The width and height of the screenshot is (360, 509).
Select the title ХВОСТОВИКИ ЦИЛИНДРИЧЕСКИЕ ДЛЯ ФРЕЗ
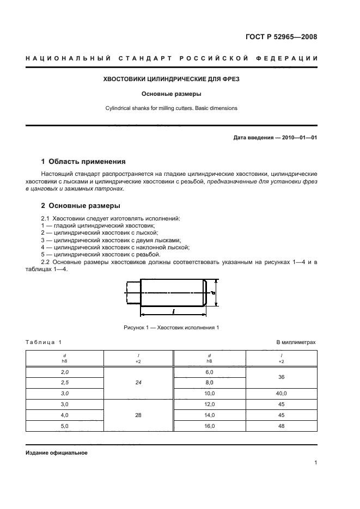[x=172, y=79]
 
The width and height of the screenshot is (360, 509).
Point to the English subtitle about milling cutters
[x=172, y=108]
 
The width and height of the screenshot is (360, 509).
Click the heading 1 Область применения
[x=83, y=162]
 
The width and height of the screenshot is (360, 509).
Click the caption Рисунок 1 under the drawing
[x=172, y=327]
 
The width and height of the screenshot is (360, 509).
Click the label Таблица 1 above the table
[x=44, y=342]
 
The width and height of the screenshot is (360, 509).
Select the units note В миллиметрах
[x=296, y=342]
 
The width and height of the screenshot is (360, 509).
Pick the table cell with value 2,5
[x=64, y=382]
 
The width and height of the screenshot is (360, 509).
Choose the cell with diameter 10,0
[x=210, y=393]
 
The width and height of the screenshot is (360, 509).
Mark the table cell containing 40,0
[x=281, y=393]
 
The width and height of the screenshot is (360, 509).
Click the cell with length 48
[x=281, y=426]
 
